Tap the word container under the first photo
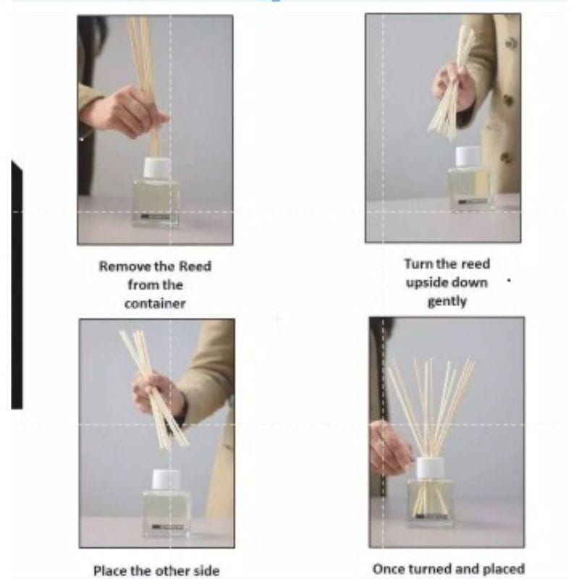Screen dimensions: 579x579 (x=155, y=303)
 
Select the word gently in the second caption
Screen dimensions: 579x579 (x=447, y=302)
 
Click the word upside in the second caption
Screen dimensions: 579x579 (x=427, y=283)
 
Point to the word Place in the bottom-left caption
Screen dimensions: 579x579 (x=110, y=570)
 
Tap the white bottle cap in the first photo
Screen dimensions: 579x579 (x=157, y=168)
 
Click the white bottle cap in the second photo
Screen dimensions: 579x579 (x=468, y=156)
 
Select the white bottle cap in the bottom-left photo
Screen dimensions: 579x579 (x=166, y=481)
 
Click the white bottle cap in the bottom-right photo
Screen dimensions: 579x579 (x=430, y=468)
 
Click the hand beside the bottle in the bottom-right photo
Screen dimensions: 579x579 (x=389, y=447)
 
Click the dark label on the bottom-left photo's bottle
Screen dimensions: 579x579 (x=167, y=527)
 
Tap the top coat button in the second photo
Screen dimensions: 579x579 (x=510, y=43)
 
